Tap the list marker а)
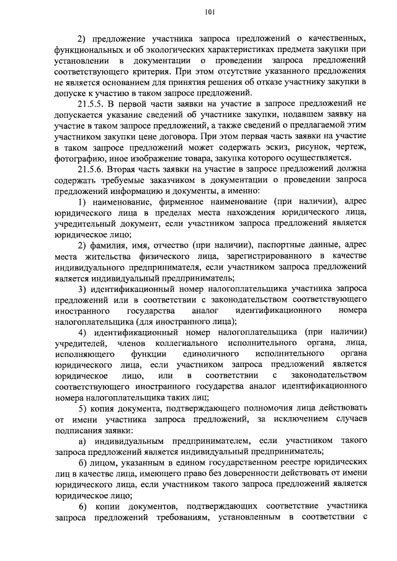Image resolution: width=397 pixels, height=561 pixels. tap(83, 441)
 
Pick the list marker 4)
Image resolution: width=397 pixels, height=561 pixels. tap(83, 332)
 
